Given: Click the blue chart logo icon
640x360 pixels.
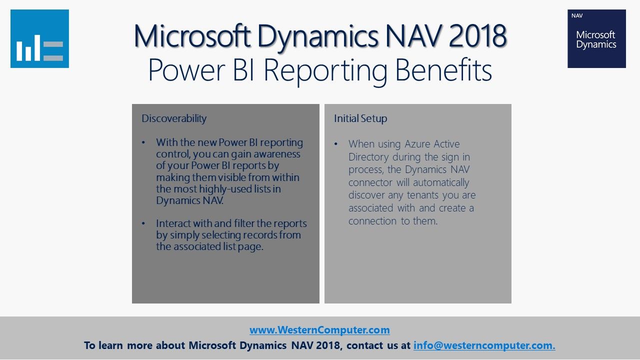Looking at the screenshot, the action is point(39,38).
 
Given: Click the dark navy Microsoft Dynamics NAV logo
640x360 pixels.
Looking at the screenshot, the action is point(596,38).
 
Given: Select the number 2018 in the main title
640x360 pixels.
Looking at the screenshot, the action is point(477,36).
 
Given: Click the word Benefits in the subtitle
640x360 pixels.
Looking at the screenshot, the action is point(443,70).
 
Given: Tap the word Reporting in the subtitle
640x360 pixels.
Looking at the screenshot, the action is point(325,71).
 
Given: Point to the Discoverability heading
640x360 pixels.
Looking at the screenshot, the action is point(174,118).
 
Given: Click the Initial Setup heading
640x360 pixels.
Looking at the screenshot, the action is point(360,118).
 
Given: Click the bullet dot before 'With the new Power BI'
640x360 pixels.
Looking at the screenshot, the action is point(143,142).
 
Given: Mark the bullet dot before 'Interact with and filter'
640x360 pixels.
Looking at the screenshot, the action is point(143,223).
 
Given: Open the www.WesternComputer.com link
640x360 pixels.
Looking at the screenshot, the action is point(319,330).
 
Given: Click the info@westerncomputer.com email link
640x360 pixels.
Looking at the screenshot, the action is point(484,345).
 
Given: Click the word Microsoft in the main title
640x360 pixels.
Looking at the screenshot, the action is point(192,36).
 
